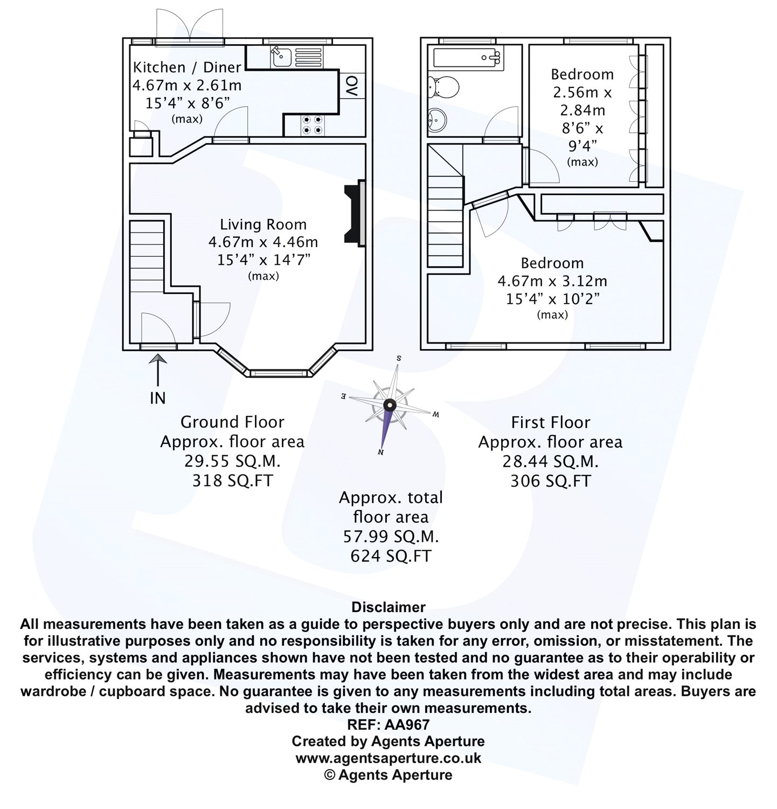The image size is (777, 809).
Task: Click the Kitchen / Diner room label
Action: (x=186, y=67)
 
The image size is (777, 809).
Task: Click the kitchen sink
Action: (x=281, y=56)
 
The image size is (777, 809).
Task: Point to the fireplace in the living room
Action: (x=355, y=214)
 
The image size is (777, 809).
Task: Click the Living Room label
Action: (x=263, y=224)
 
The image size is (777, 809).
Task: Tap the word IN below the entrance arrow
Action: (x=157, y=399)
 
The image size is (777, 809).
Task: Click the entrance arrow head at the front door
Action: (x=157, y=359)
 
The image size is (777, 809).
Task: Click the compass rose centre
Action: (x=390, y=406)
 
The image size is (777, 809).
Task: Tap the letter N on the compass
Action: (x=381, y=453)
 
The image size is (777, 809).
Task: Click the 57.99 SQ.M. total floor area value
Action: (x=391, y=537)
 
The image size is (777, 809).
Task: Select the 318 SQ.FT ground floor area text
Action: (x=233, y=480)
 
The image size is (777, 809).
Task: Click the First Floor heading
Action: (x=550, y=422)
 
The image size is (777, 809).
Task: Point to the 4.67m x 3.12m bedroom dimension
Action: (x=552, y=281)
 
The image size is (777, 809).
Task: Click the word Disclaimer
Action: (x=388, y=607)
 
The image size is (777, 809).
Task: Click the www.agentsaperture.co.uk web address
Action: (x=388, y=758)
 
